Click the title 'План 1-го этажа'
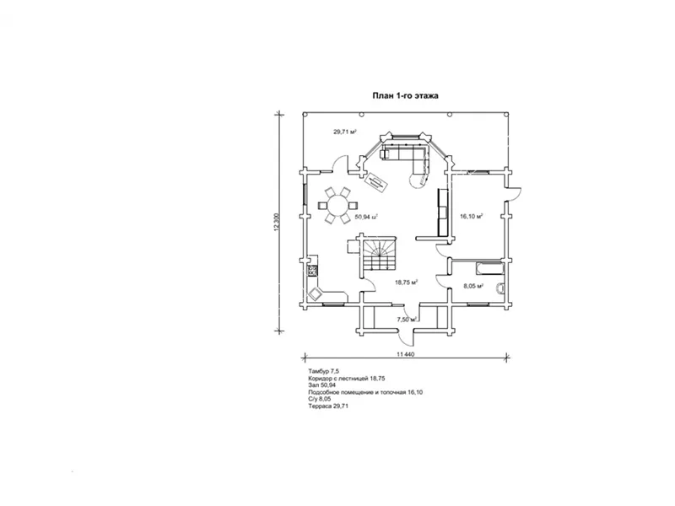point(406,95)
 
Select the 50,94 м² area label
point(366,217)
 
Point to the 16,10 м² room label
point(472,216)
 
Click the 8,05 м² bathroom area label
point(473,286)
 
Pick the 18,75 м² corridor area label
point(407,283)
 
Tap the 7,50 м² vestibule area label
point(407,320)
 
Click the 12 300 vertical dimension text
point(277,223)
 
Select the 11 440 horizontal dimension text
point(405,354)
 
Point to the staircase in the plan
point(379,255)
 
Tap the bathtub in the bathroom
point(489,268)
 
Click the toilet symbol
point(500,288)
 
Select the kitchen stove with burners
point(312,271)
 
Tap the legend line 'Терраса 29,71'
point(328,406)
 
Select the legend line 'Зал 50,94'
point(322,385)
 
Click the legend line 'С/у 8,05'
point(320,399)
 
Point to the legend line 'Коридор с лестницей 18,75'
point(347,378)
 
